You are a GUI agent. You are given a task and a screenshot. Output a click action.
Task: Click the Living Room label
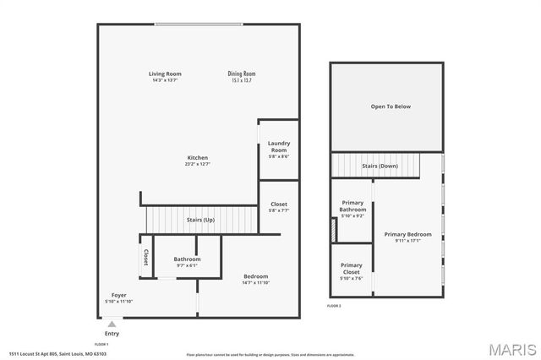tap(166, 74)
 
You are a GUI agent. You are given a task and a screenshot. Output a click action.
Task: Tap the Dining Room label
tap(242, 74)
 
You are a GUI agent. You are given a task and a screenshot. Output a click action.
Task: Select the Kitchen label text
tap(198, 158)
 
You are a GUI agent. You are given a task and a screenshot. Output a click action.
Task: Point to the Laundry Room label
tap(279, 146)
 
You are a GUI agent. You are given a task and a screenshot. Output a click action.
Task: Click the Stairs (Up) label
tap(199, 220)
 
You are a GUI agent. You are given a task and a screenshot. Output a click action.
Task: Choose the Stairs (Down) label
tap(380, 166)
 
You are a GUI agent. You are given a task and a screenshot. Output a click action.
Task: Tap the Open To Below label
tap(391, 106)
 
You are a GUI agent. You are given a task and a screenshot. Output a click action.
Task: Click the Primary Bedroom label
tap(408, 234)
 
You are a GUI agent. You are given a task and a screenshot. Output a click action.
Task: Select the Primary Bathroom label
tap(353, 206)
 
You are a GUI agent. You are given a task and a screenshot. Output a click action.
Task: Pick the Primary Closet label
tap(352, 268)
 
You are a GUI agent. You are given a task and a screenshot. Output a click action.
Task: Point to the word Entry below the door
tap(112, 333)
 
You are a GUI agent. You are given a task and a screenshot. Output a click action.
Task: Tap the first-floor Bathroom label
tap(187, 259)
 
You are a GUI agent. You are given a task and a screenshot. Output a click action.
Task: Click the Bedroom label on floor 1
tap(255, 276)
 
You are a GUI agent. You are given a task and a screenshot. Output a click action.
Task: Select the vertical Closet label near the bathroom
tap(145, 258)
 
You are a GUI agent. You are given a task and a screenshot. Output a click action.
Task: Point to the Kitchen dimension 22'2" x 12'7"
tap(198, 165)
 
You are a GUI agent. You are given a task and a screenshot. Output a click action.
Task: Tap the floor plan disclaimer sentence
tap(270, 354)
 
